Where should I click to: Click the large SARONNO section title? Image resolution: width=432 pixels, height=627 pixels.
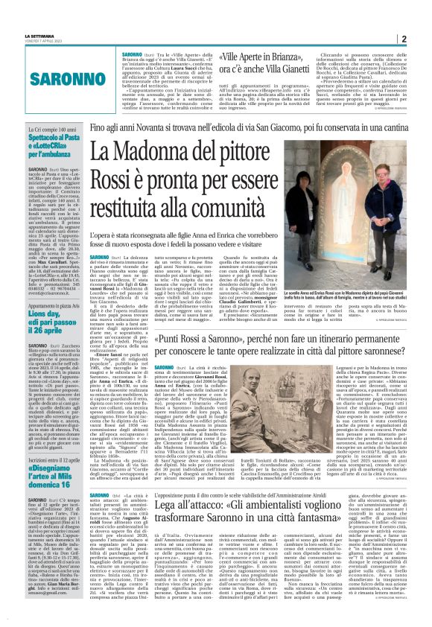click(x=47, y=77)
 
